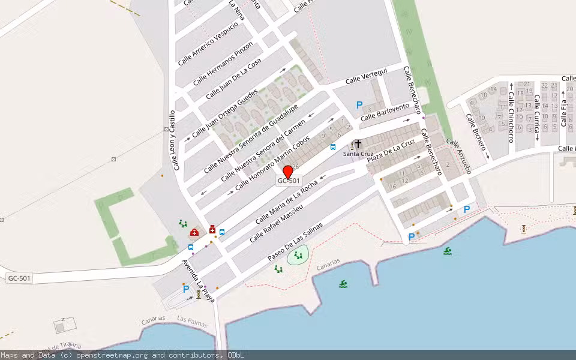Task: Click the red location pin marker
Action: [287, 171]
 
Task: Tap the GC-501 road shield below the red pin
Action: [289, 181]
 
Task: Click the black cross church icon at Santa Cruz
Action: [358, 144]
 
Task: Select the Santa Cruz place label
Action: [353, 154]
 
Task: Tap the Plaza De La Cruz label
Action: [391, 154]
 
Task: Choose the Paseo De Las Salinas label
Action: [295, 242]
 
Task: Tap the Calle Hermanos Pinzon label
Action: [223, 64]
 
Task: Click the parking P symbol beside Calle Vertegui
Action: [359, 105]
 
